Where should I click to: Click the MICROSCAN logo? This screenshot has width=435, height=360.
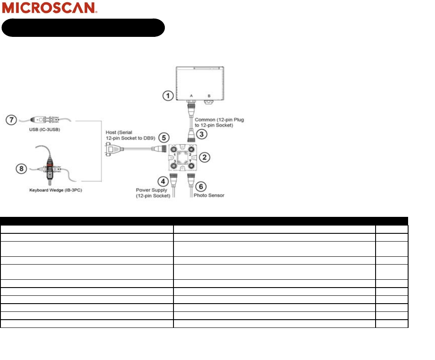pos(50,8)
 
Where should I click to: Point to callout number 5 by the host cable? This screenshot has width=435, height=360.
pos(164,137)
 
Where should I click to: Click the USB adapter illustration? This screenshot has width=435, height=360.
pos(48,119)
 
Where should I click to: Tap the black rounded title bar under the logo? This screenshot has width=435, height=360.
pos(83,27)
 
